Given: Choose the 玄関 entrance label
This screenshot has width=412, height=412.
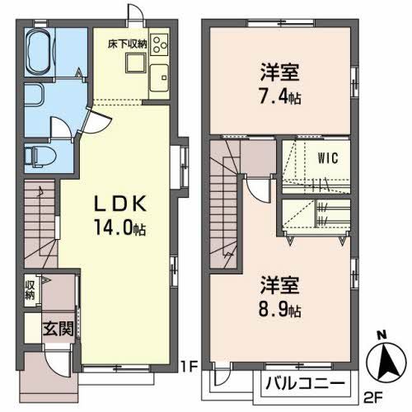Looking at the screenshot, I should click(57, 327).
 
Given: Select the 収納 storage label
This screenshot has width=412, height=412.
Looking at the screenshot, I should click(30, 290).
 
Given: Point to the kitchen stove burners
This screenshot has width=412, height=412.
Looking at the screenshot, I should click(159, 44).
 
